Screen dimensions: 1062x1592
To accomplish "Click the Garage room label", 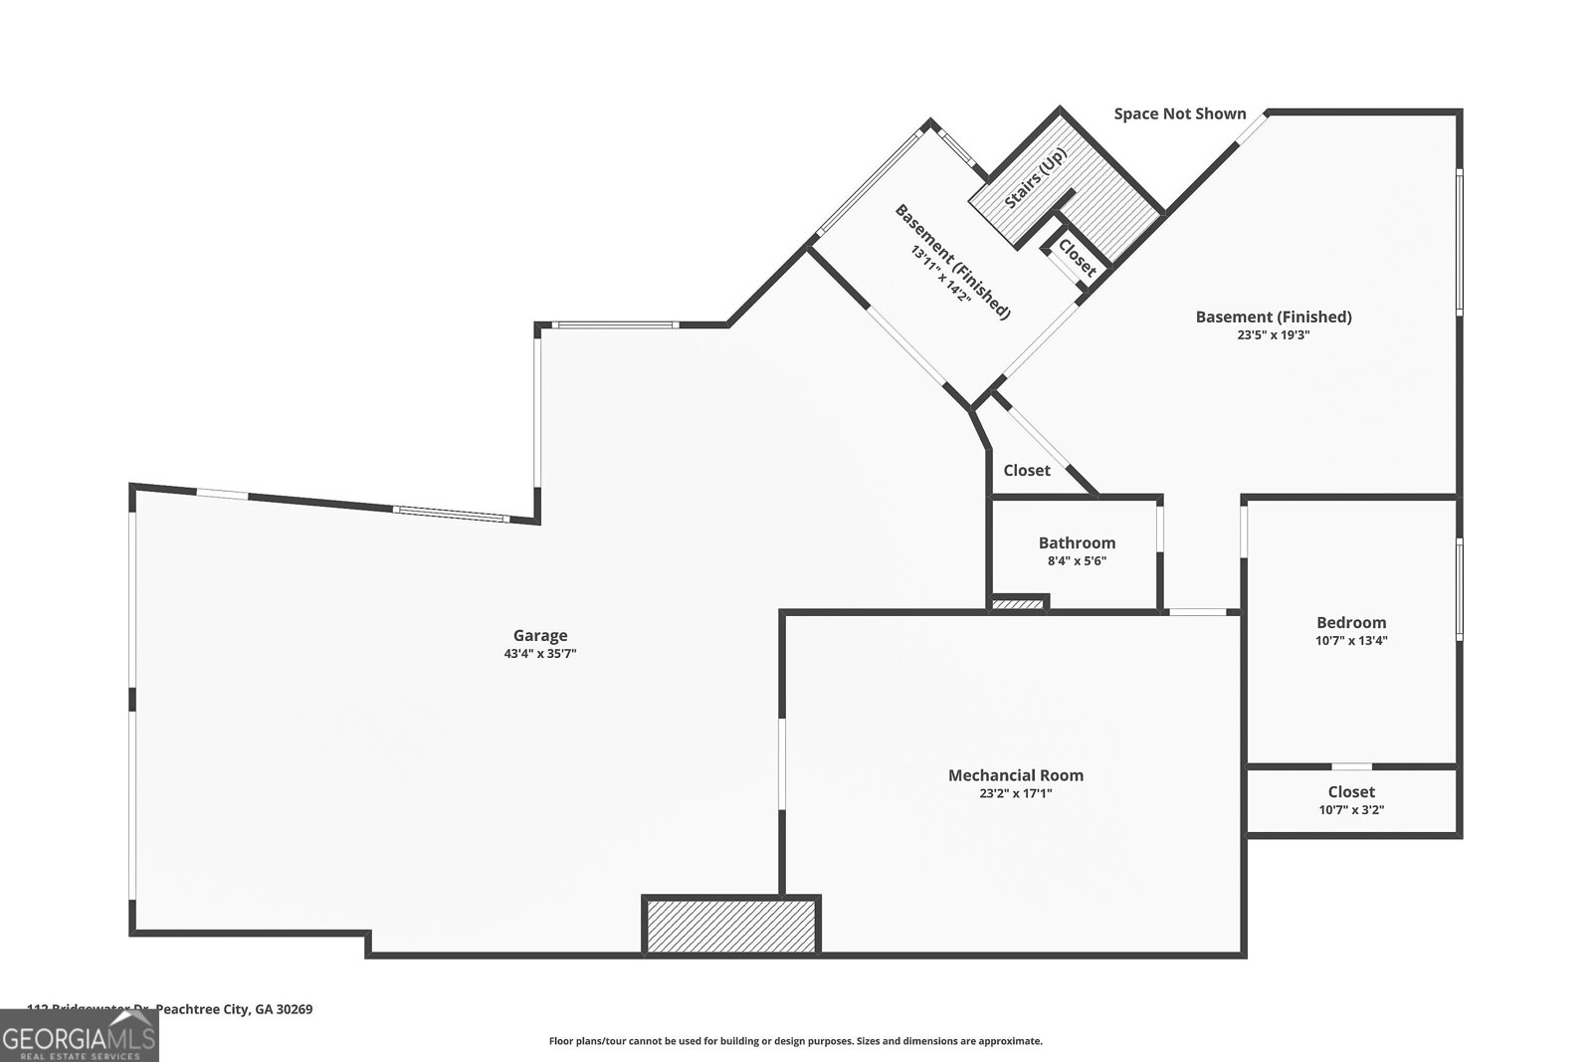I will coord(540,635).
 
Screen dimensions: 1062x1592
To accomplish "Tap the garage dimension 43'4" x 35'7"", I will coord(540,654).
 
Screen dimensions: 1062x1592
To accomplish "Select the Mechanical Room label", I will coord(1015,775).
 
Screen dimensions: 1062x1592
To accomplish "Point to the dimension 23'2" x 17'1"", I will coord(1015,793).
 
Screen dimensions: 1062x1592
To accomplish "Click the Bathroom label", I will coord(1077,542).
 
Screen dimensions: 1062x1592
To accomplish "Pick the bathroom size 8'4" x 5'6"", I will coord(1077,560).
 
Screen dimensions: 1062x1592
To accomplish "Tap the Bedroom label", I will coord(1351,623).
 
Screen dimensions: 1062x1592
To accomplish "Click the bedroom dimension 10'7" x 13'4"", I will coord(1351,641).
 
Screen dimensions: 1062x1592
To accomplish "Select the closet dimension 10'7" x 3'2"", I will coord(1351,810).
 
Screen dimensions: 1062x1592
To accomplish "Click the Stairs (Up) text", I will coord(1036,179).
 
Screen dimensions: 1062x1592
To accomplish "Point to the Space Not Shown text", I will coord(1179,113).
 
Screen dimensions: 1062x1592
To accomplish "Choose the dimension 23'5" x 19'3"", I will coord(1273,335).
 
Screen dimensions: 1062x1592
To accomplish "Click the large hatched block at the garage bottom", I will coord(731,925).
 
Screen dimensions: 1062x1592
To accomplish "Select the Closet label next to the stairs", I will coord(1077,257).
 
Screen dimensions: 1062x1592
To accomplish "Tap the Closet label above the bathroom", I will coord(1026,471).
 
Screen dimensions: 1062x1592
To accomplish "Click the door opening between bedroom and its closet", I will coord(1351,766).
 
